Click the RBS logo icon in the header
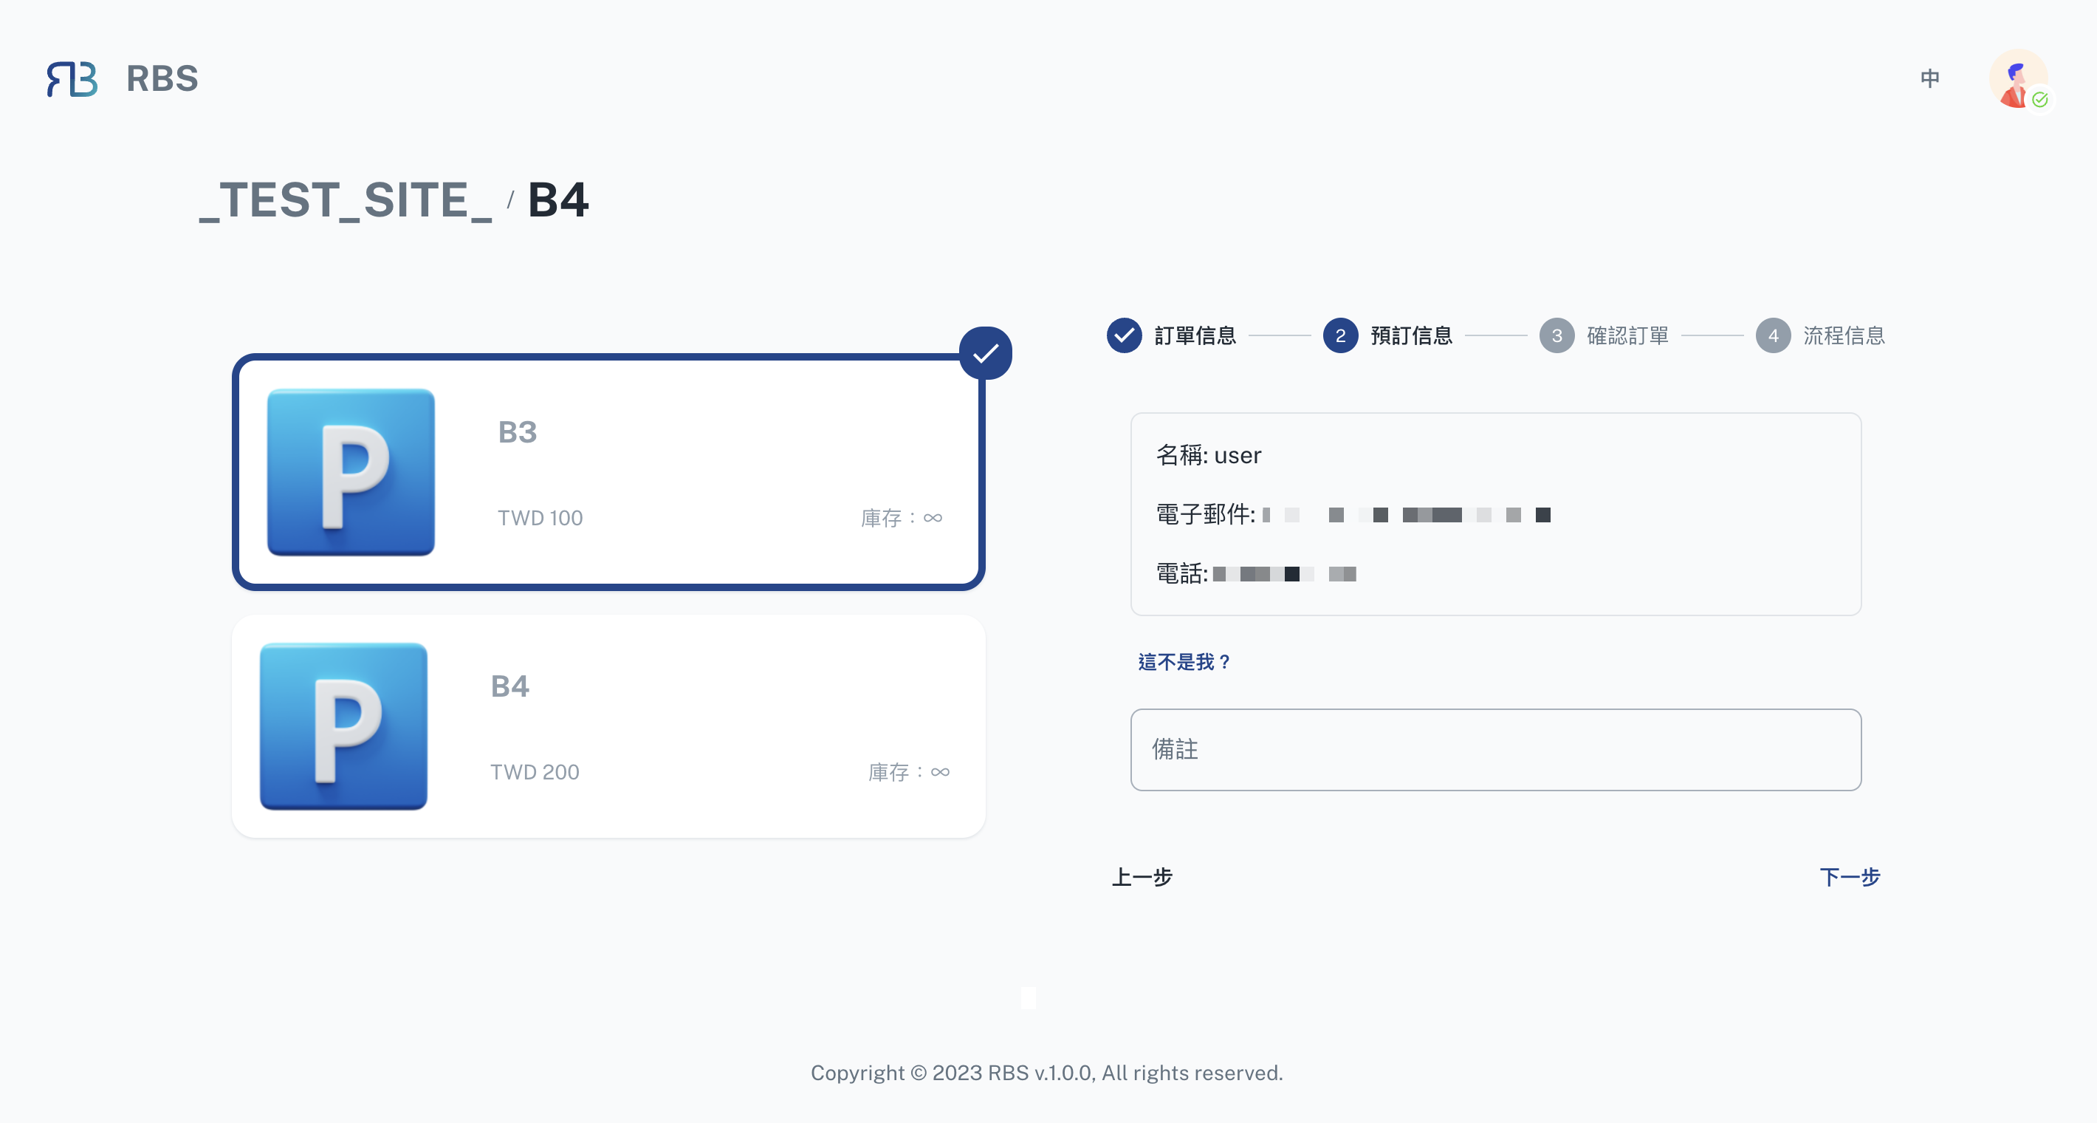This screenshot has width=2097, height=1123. pos(72,79)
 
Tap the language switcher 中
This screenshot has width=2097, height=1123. pos(1929,78)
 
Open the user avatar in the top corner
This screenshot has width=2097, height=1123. pos(2018,79)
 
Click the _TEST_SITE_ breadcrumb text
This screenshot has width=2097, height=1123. pos(346,200)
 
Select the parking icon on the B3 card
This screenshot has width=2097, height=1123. pos(351,472)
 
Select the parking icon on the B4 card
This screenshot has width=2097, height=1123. pos(343,726)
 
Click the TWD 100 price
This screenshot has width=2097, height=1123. pos(540,518)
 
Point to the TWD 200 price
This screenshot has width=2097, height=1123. pos(535,772)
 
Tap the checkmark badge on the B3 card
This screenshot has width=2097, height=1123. pos(985,353)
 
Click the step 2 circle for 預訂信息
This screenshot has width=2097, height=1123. pos(1340,335)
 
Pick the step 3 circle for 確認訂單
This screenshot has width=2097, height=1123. pos(1557,335)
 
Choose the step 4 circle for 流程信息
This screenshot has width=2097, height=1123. pos(1773,335)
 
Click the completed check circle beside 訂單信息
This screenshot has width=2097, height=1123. pos(1125,335)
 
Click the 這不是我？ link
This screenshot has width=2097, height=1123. pos(1184,662)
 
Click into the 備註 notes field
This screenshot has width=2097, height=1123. pos(1495,749)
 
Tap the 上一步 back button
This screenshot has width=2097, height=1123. pos(1142,877)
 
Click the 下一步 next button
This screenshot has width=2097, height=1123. pos(1850,877)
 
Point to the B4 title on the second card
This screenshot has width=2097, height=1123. pos(509,686)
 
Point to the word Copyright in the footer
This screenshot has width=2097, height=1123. pos(857,1073)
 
